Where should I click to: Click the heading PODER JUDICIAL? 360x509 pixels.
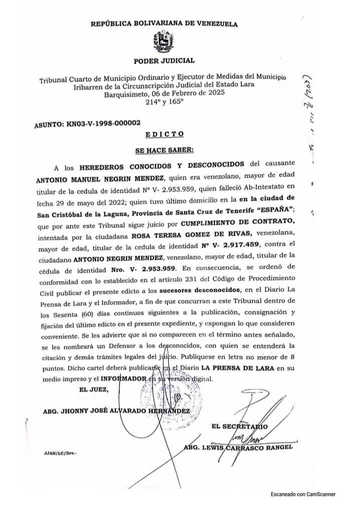164,61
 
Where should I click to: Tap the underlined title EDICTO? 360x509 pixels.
164,134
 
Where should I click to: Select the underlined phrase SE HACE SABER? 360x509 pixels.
164,150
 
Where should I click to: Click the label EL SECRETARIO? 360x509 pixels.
240,426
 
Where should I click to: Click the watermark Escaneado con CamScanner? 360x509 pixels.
303,494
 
